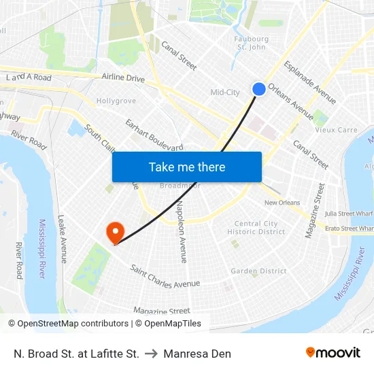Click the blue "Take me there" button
point(187,167)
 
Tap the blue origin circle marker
point(259,89)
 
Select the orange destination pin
point(114,233)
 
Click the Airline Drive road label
point(123,79)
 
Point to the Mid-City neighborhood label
point(225,92)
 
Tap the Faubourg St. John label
point(252,43)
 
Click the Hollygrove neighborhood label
point(116,101)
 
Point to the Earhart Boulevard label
point(154,135)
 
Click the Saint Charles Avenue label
point(165,275)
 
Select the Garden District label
point(258,271)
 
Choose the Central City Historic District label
point(256,228)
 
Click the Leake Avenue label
point(63,239)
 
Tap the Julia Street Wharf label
point(349,214)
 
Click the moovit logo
point(333,353)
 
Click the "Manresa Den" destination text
point(197,354)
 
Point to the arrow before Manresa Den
point(151,354)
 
